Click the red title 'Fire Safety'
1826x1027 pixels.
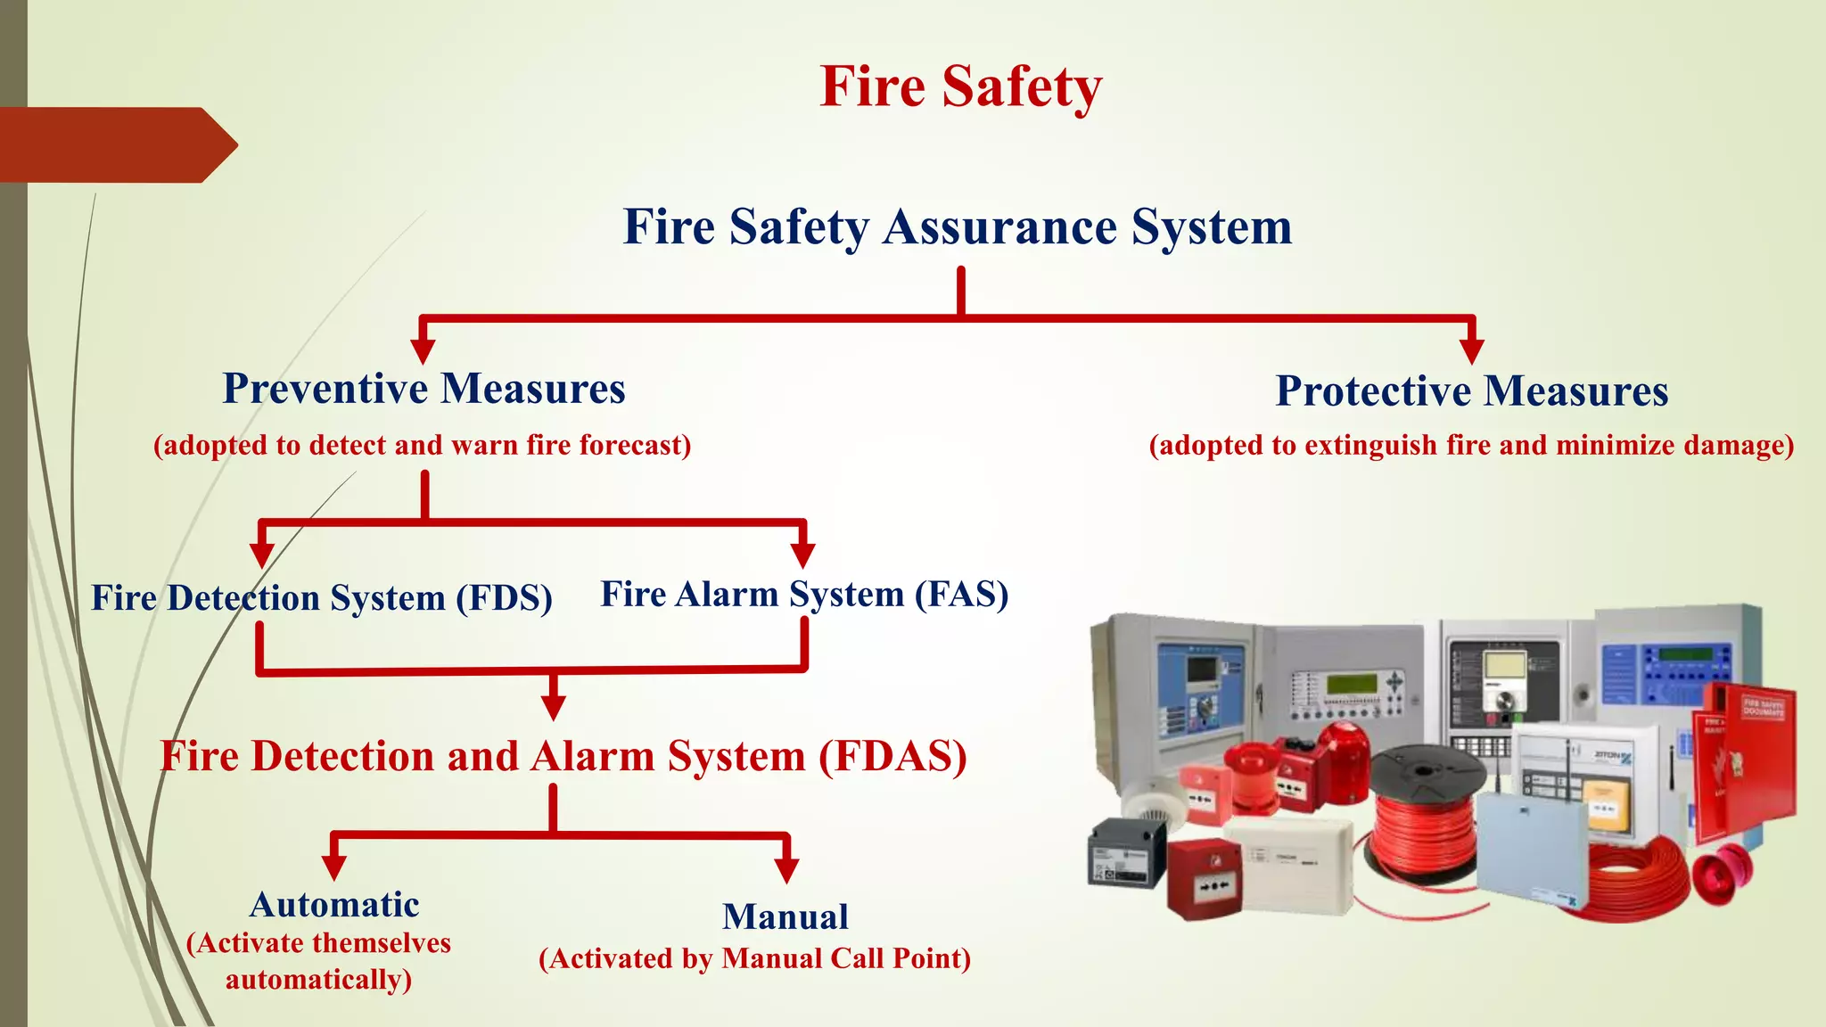point(960,87)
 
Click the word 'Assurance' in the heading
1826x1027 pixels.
point(999,226)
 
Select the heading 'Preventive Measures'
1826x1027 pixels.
point(424,389)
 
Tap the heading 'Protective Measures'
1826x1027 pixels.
point(1471,391)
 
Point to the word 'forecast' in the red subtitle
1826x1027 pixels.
point(634,445)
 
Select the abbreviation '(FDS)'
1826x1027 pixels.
point(505,598)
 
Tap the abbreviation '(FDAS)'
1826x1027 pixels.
point(892,757)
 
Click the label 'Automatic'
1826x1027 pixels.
point(334,905)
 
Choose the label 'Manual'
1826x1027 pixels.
point(785,916)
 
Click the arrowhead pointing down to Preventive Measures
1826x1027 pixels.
point(423,350)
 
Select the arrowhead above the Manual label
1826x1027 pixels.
point(786,869)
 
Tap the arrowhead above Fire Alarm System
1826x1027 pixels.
point(802,555)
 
